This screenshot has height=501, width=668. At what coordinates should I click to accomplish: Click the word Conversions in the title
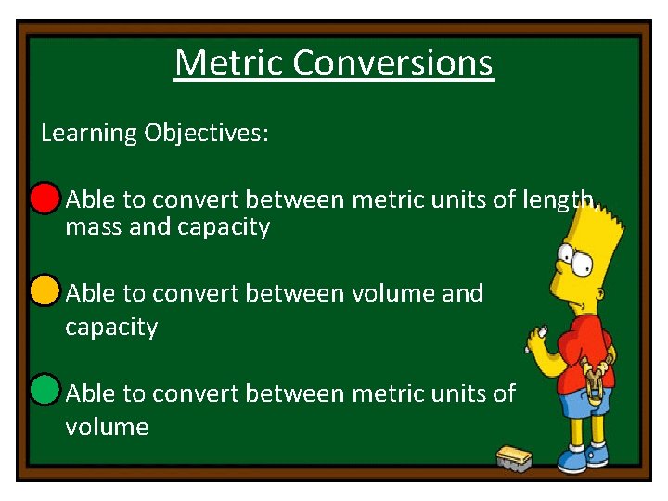392,63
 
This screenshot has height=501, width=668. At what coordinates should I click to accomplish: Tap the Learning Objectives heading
155,133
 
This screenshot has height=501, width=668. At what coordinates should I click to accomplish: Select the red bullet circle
45,199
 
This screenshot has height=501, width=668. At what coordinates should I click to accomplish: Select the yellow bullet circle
45,291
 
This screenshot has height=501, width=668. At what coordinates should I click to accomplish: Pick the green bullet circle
45,391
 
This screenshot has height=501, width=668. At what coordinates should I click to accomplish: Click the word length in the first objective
559,199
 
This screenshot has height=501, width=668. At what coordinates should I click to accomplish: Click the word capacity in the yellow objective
111,328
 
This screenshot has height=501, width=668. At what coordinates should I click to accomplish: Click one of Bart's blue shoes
595,456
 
